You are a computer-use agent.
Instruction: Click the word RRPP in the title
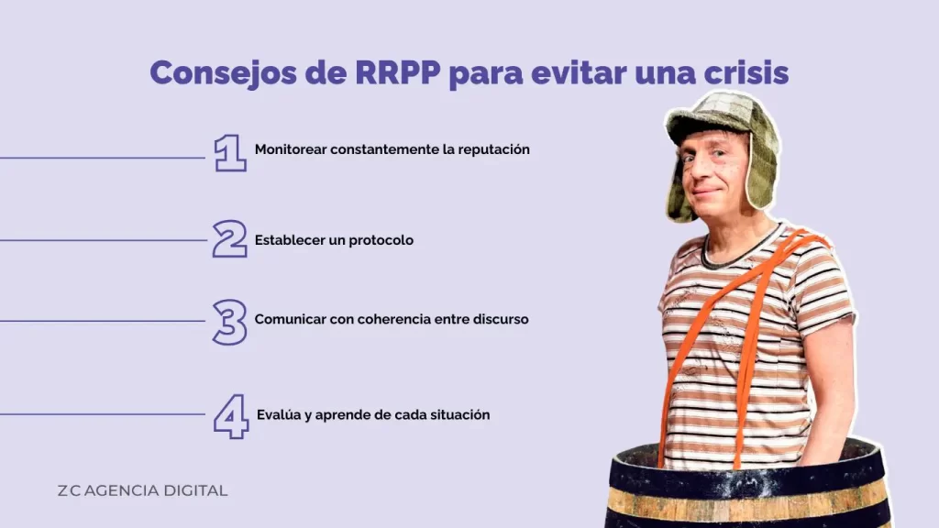pos(397,72)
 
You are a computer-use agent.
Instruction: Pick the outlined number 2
pos(229,239)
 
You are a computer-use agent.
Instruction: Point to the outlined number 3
pos(229,322)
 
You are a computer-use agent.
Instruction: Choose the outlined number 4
pos(231,416)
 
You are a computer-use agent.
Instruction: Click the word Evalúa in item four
pos(278,414)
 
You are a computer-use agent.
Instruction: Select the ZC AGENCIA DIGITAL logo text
pos(142,490)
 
